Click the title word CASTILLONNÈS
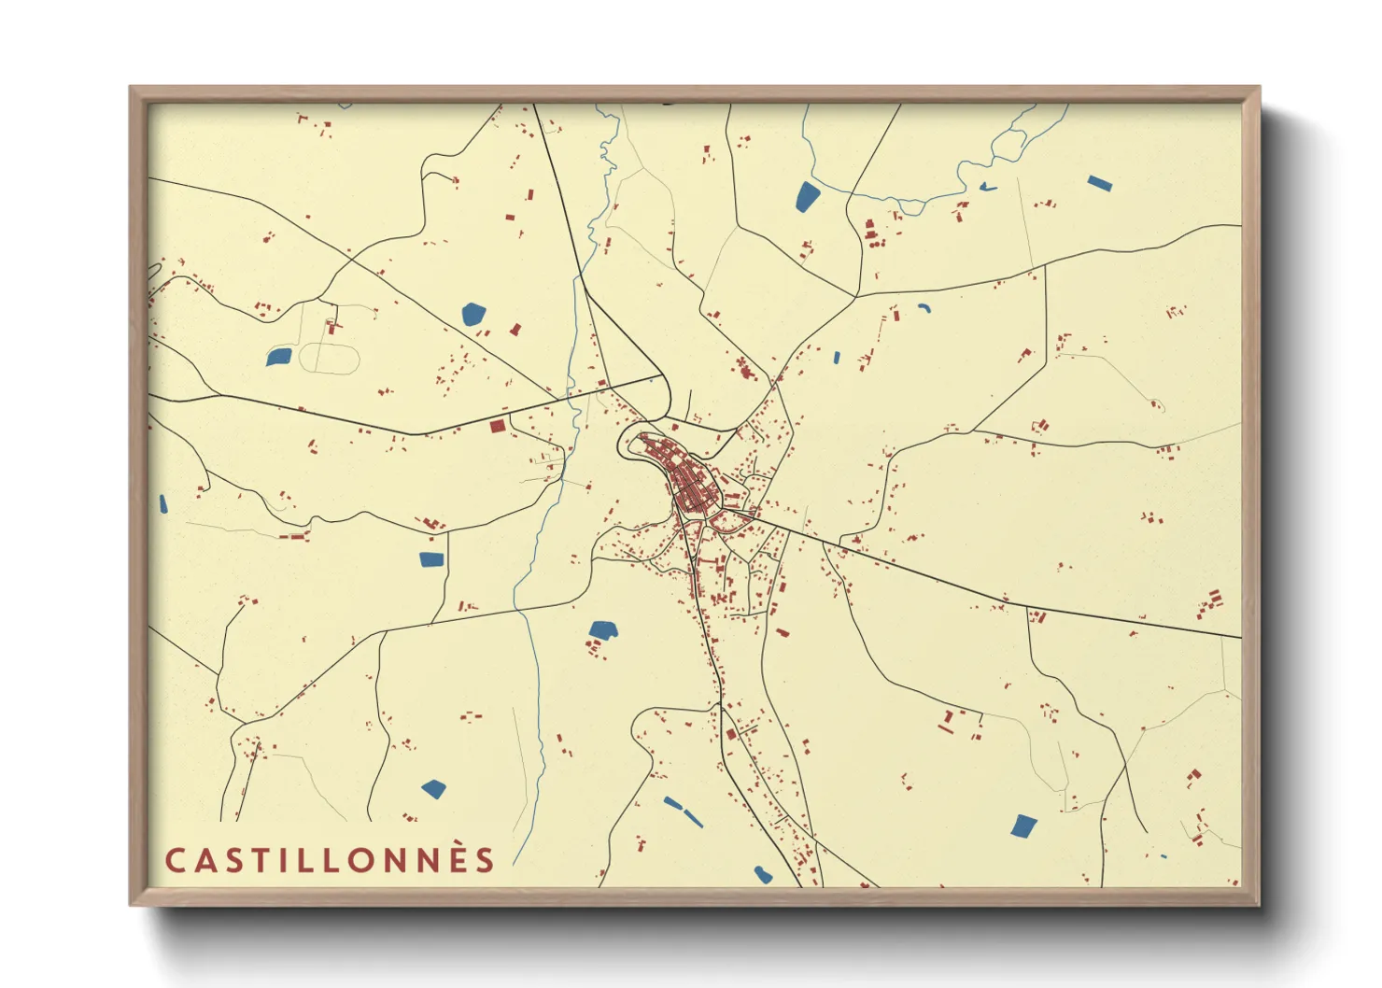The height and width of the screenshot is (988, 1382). coord(330,860)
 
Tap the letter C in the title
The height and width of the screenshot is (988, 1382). coord(175,860)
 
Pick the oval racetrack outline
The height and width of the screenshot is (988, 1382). coord(330,359)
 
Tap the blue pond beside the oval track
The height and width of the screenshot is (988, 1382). coord(278,356)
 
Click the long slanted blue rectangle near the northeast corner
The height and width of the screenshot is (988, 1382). coord(1100,183)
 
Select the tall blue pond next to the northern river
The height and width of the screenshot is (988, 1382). coord(807,196)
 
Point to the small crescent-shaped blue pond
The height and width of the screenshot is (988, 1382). coord(924,307)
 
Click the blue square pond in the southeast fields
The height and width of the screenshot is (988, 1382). coord(1024,826)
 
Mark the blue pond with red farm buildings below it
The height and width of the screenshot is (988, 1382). coord(603,630)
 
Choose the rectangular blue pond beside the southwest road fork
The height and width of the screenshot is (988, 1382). coord(430,559)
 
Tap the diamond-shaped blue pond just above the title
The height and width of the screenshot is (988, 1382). coord(433,789)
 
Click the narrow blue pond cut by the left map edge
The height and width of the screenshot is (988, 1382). coord(163,505)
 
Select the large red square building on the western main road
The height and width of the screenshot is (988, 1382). coord(498,426)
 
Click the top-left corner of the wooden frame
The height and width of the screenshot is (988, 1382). coord(131,88)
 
